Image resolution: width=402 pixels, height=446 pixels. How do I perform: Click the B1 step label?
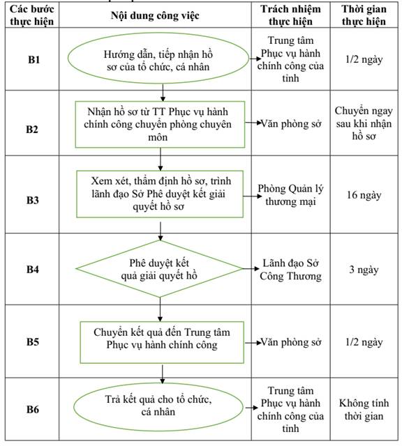pyautogui.click(x=33, y=60)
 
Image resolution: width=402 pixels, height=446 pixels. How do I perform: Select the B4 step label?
pyautogui.click(x=33, y=270)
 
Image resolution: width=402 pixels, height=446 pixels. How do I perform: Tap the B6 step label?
pyautogui.click(x=33, y=409)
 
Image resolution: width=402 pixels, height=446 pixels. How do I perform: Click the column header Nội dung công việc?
pyautogui.click(x=155, y=15)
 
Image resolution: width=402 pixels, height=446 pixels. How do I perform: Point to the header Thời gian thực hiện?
pyautogui.click(x=364, y=15)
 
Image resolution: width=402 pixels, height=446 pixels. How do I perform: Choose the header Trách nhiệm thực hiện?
pyautogui.click(x=290, y=15)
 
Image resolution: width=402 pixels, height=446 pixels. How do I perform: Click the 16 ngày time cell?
pyautogui.click(x=364, y=195)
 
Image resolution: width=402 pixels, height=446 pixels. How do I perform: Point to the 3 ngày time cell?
pyautogui.click(x=364, y=270)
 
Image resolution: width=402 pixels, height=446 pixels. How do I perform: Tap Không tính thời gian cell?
pyautogui.click(x=364, y=410)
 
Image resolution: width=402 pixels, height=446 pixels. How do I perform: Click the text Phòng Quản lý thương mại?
pyautogui.click(x=290, y=195)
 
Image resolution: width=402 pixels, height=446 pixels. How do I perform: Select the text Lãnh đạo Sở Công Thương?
pyautogui.click(x=290, y=270)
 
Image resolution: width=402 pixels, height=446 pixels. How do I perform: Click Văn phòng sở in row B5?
pyautogui.click(x=291, y=342)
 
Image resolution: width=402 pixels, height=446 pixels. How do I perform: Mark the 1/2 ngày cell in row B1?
pyautogui.click(x=364, y=59)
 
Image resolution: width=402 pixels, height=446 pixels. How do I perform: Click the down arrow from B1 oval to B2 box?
pyautogui.click(x=163, y=93)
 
